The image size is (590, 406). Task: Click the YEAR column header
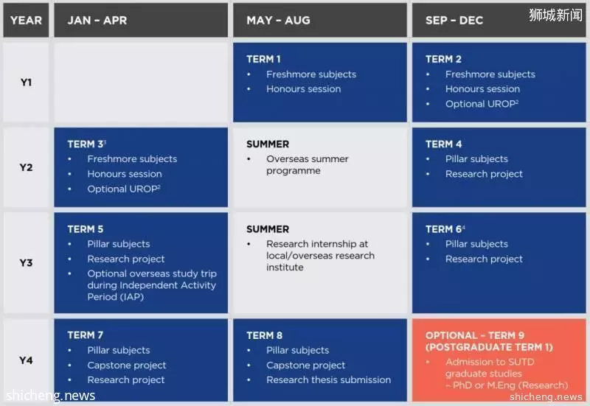coord(26,21)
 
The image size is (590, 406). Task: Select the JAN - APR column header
coord(97,21)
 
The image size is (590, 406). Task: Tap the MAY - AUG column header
coord(279,21)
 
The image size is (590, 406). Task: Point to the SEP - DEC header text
coord(454,21)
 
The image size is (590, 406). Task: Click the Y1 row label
coord(26,83)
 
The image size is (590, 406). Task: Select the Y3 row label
coord(26,263)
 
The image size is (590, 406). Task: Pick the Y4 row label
coord(26,360)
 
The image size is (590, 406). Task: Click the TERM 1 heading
coord(263,60)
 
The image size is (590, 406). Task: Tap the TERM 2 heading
coord(443,60)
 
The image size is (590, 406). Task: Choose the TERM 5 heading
coord(86,229)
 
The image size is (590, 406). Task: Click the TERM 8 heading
coord(264,335)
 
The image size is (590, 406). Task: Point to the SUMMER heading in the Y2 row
coord(268,144)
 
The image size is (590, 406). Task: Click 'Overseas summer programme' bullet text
coord(308,165)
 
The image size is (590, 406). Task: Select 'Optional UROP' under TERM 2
coord(482,104)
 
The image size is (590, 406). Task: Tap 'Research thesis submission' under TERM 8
coord(328,380)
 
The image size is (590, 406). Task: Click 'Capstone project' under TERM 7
coord(127,365)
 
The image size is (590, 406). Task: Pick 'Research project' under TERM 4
coord(485,174)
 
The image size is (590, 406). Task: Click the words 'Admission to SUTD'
coord(490,362)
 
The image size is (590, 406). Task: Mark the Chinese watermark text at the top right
coord(555,15)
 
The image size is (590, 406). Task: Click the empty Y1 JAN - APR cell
coord(141,83)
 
